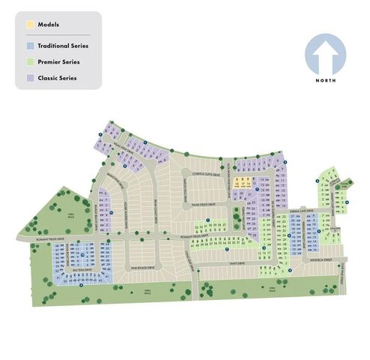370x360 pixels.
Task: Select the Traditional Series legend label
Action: click(x=63, y=46)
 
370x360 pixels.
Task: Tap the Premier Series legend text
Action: click(x=58, y=61)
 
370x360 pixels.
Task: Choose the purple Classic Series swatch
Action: click(x=30, y=77)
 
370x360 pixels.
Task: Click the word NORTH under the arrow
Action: click(x=325, y=80)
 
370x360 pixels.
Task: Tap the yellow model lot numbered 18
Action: click(x=235, y=182)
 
